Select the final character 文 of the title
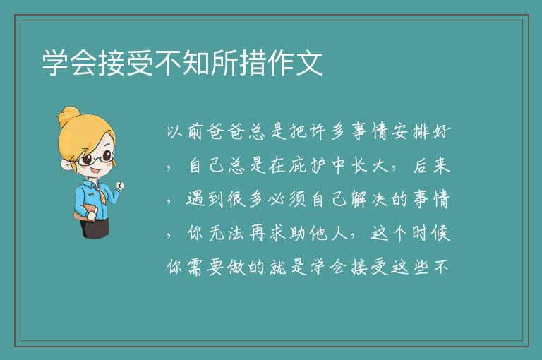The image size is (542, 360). point(309,63)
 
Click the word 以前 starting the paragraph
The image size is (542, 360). point(185,132)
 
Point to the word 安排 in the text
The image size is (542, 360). point(411,132)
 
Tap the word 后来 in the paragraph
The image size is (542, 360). point(432,166)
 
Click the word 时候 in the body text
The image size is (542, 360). point(431,234)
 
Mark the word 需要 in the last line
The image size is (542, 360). point(205,268)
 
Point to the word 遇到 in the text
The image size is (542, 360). point(205,200)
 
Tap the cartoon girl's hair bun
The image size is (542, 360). point(69,116)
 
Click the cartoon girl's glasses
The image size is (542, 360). point(96,158)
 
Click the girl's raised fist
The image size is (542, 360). point(120,186)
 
